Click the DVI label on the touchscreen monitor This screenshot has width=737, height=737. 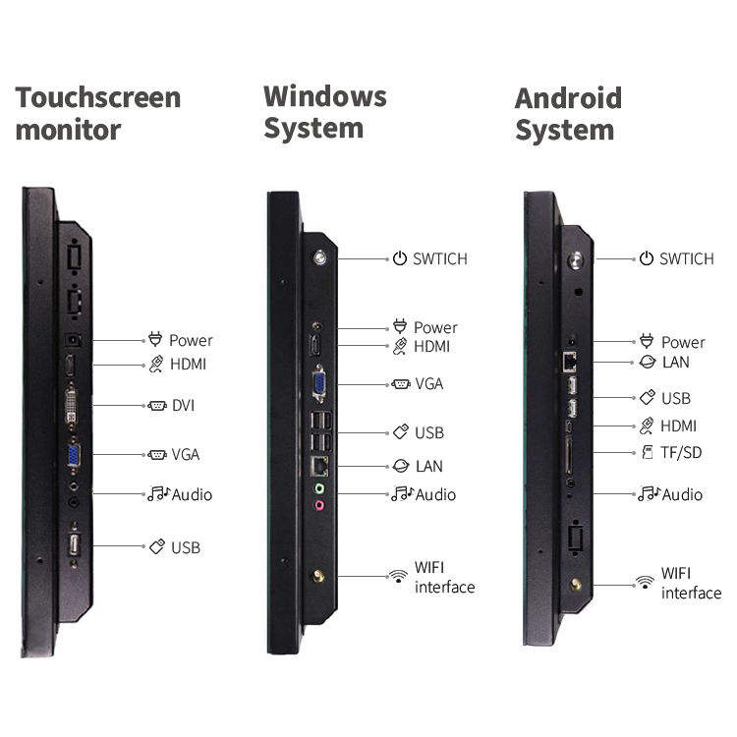click(183, 405)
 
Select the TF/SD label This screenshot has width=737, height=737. click(681, 453)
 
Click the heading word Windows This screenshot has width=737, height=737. click(324, 96)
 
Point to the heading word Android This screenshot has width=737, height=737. click(568, 98)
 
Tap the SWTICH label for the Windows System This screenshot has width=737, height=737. click(439, 259)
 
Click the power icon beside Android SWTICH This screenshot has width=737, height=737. click(646, 259)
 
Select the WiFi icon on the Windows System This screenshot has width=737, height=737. click(398, 576)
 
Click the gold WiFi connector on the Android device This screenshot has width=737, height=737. click(576, 584)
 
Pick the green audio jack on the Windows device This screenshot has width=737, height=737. click(319, 487)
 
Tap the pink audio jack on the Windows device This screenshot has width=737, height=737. click(319, 506)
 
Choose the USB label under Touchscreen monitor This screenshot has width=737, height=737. click(186, 546)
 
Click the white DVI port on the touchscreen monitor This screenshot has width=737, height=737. click(74, 405)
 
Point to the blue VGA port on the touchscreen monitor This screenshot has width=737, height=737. click(74, 455)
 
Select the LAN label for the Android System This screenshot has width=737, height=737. click(675, 363)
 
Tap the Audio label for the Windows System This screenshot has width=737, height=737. click(435, 494)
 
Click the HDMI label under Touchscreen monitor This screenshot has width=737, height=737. click(189, 365)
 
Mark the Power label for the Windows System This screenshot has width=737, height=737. click(435, 327)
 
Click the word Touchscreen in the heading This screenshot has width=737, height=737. click(98, 98)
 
